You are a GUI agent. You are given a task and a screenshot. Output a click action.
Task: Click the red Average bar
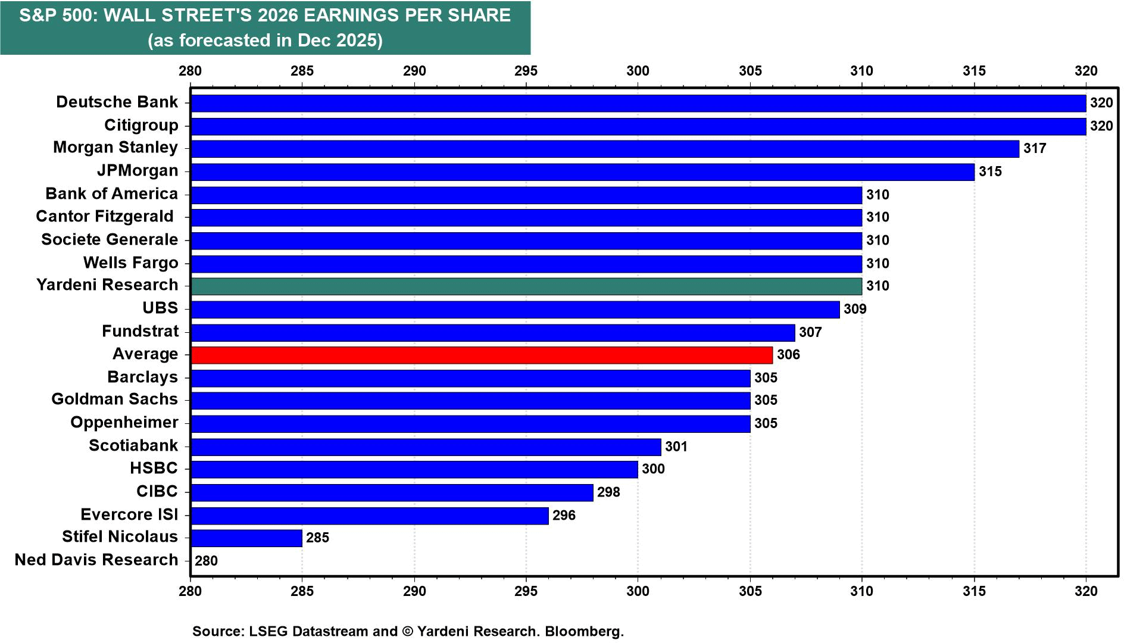(482, 355)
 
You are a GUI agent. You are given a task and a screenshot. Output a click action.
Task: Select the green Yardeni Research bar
(526, 286)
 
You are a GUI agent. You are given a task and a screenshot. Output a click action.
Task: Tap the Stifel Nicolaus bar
(246, 538)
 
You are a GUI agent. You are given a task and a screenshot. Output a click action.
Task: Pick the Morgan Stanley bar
(605, 149)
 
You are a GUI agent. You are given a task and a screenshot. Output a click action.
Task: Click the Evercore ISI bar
(370, 516)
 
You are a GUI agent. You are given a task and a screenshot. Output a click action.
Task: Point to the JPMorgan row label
(138, 171)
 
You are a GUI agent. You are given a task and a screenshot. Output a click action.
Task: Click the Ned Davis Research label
(96, 560)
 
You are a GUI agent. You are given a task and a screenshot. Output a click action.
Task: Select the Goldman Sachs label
(114, 399)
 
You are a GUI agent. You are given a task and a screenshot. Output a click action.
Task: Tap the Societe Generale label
(110, 240)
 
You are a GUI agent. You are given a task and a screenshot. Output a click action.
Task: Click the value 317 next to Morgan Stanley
(1035, 149)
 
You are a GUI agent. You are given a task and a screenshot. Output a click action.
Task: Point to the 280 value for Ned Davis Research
(206, 561)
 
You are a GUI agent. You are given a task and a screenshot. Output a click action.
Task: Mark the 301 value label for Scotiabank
(676, 447)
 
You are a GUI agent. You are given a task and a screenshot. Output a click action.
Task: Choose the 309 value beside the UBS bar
(855, 309)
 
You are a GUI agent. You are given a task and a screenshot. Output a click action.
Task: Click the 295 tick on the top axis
(526, 71)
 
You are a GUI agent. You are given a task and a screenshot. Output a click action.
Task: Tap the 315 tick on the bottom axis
(974, 591)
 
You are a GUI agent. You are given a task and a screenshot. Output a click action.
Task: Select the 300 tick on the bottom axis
(638, 591)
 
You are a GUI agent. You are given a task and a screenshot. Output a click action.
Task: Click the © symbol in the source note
(408, 632)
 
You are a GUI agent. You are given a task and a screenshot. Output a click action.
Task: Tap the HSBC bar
(414, 470)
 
